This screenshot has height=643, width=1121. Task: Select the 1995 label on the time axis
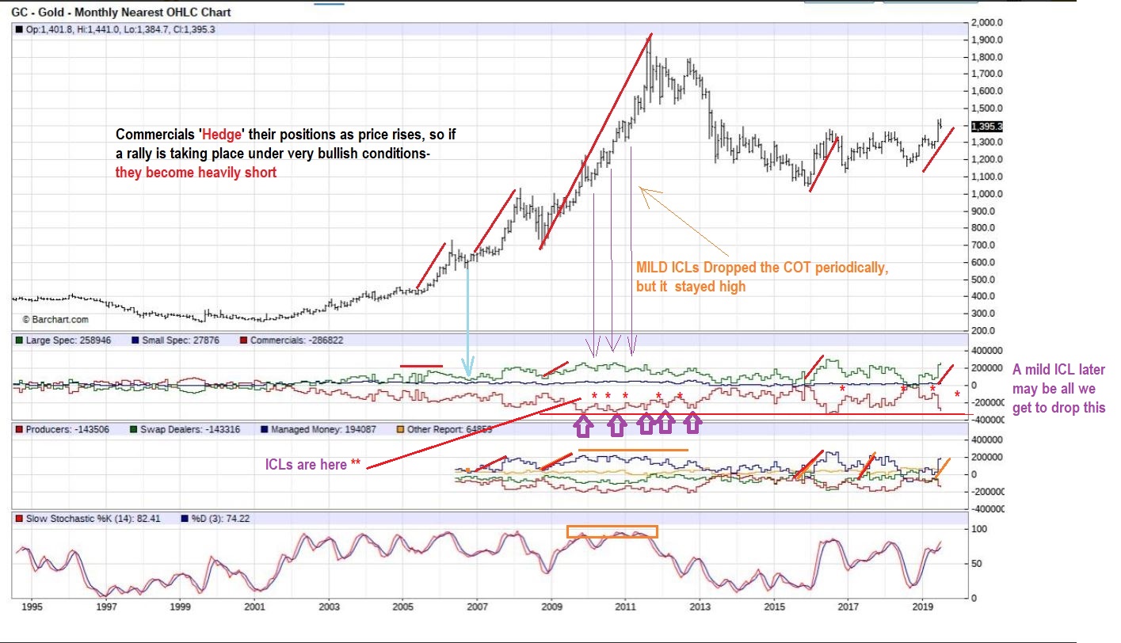point(32,607)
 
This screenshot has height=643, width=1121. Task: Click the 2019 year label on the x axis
point(921,607)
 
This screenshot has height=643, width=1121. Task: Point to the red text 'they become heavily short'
point(196,172)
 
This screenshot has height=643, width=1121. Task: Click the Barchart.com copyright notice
point(55,320)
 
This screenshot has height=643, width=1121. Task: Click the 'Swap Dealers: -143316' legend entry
point(195,429)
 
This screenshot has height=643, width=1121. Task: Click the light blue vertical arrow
point(468,317)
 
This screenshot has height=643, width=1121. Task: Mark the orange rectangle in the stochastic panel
point(612,532)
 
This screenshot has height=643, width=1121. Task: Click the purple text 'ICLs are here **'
point(314,465)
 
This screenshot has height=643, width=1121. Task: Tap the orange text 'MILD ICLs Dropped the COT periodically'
point(761,268)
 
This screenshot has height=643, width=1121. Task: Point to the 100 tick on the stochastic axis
point(980,528)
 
